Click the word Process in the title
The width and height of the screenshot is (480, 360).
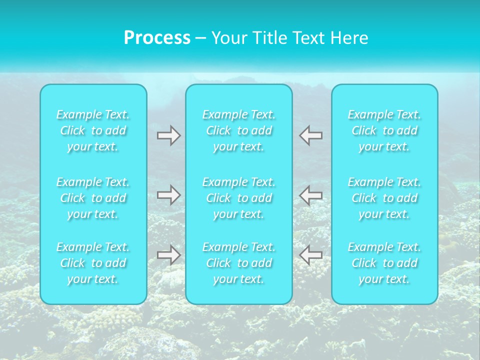tap(157, 38)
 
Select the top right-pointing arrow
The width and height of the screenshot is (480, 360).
tap(169, 135)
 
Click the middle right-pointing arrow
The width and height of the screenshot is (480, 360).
tap(169, 195)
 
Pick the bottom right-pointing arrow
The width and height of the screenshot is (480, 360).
tap(169, 255)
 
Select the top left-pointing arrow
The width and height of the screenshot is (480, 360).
tap(311, 135)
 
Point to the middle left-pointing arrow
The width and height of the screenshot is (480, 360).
tap(311, 195)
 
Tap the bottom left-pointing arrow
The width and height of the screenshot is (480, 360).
tap(311, 255)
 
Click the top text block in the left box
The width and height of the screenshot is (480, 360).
tap(93, 130)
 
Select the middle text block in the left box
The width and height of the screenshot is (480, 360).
tap(93, 198)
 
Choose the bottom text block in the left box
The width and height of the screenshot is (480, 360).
tap(93, 263)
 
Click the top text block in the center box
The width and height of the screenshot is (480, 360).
tap(239, 130)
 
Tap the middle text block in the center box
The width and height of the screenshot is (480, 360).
tap(239, 198)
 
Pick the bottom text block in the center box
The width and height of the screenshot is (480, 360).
tap(239, 263)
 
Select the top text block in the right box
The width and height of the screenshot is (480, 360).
tap(384, 130)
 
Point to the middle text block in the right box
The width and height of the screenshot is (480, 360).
tap(384, 198)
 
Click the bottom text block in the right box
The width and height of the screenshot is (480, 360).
tap(384, 263)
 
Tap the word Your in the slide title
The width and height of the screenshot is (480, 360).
tap(229, 38)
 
